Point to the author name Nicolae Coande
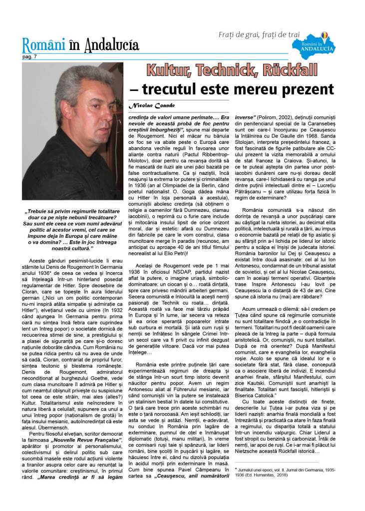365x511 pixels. (150, 106)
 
